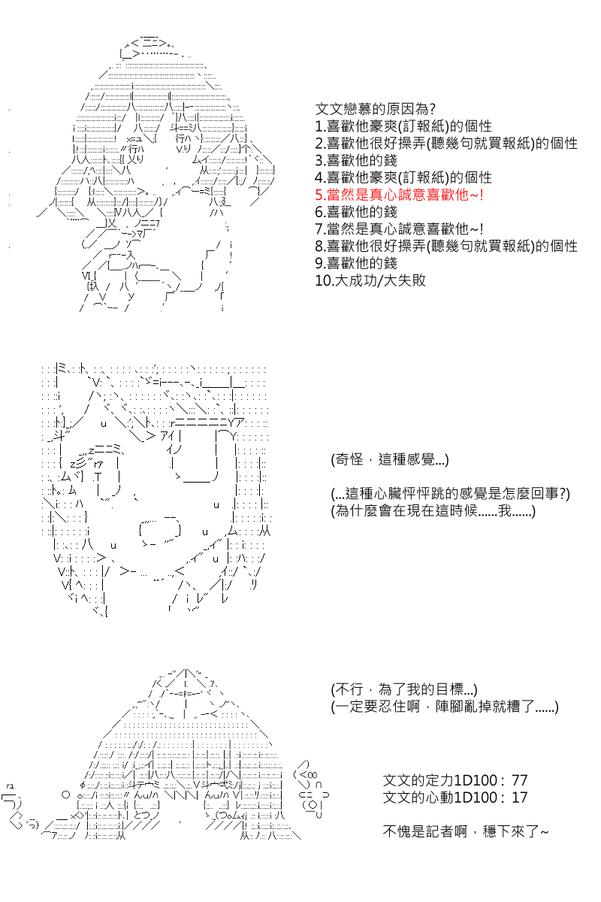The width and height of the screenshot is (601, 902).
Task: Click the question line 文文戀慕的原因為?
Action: point(375,109)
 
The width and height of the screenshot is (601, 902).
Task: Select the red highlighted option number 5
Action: point(399,195)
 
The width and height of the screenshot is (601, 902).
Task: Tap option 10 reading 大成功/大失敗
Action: point(370,280)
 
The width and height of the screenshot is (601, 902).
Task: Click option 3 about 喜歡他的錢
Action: point(356,160)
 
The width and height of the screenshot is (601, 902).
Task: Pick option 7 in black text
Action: point(399,229)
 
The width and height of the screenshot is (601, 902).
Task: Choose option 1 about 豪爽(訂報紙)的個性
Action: point(403,126)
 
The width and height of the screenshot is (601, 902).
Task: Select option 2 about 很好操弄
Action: point(446,144)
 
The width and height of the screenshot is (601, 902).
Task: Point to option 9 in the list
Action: point(356,263)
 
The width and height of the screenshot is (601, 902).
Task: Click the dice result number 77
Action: point(519,780)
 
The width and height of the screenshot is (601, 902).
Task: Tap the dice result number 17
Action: point(519,798)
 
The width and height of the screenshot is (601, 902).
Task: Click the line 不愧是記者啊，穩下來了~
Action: point(465,831)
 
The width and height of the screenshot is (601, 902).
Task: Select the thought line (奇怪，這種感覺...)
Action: point(390,459)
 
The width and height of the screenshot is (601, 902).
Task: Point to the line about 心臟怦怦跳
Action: point(450,494)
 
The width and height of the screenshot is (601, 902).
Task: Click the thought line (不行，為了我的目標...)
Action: point(403,689)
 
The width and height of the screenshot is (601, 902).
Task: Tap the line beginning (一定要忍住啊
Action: point(445,707)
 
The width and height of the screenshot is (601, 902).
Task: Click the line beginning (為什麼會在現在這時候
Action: point(433,511)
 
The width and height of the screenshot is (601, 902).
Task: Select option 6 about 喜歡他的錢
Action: point(356,212)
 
